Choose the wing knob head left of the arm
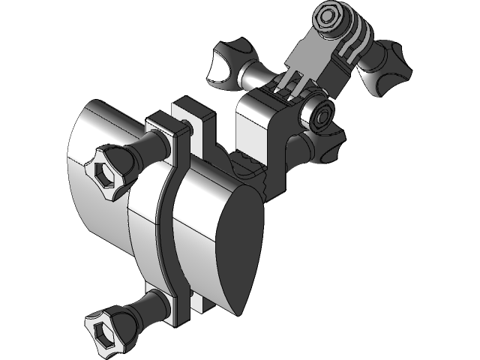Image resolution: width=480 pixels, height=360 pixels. [224, 64]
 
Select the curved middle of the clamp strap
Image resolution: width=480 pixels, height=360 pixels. [166, 217]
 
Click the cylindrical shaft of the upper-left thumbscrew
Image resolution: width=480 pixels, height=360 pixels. [255, 75]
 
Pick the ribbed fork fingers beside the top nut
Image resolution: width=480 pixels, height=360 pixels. [352, 45]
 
